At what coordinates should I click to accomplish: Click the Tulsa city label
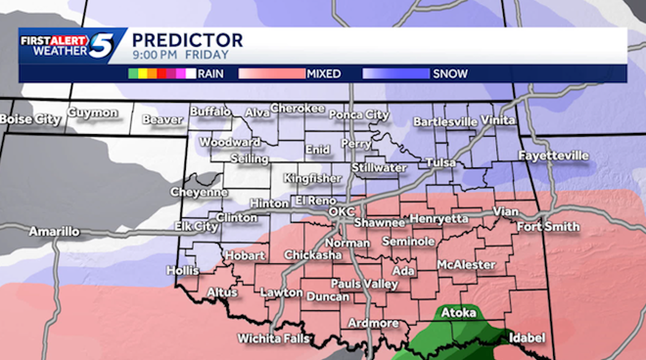(x=441, y=162)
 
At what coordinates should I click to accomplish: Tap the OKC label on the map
(x=341, y=211)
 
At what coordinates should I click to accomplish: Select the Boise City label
(x=29, y=119)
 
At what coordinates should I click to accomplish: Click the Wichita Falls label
(x=274, y=339)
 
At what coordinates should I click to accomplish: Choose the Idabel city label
(x=527, y=337)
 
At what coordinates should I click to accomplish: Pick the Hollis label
(x=183, y=269)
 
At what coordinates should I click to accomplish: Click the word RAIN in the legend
(x=210, y=72)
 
